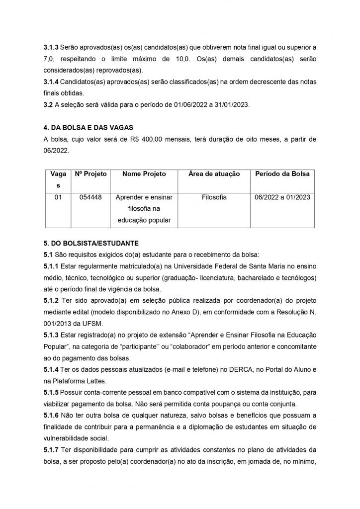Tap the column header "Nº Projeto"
tap(90, 174)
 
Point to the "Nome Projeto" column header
tap(144, 174)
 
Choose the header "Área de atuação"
tap(214, 174)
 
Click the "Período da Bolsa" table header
tap(282, 174)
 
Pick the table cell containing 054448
tap(90, 197)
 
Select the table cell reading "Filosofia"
tap(214, 197)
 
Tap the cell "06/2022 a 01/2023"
tap(282, 197)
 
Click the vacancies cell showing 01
tap(58, 197)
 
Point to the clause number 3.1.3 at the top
tap(51, 47)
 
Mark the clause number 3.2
tap(48, 105)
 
